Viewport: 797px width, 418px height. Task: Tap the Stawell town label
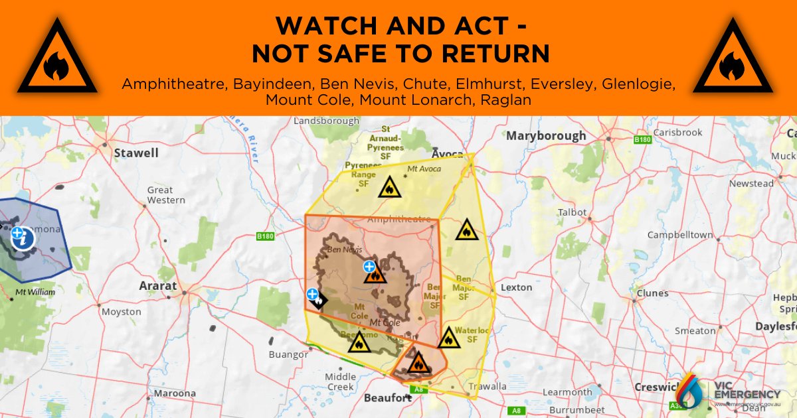click(x=136, y=153)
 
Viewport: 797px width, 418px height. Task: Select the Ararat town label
click(x=158, y=286)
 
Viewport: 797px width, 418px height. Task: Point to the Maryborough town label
click(x=546, y=136)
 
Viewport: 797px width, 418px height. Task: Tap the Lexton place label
click(x=517, y=287)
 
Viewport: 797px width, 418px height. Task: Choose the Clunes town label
click(x=652, y=293)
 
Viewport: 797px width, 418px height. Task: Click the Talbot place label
click(x=572, y=213)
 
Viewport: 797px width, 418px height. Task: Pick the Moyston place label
click(x=122, y=312)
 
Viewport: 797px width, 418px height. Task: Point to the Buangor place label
click(x=288, y=354)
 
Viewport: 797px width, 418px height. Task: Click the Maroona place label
click(x=175, y=393)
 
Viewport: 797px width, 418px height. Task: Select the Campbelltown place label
click(x=680, y=235)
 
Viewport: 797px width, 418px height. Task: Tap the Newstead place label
click(x=751, y=184)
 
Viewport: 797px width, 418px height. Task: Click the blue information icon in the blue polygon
click(x=22, y=238)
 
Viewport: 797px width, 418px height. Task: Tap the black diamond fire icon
click(x=318, y=301)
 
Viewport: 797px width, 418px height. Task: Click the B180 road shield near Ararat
click(x=265, y=236)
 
